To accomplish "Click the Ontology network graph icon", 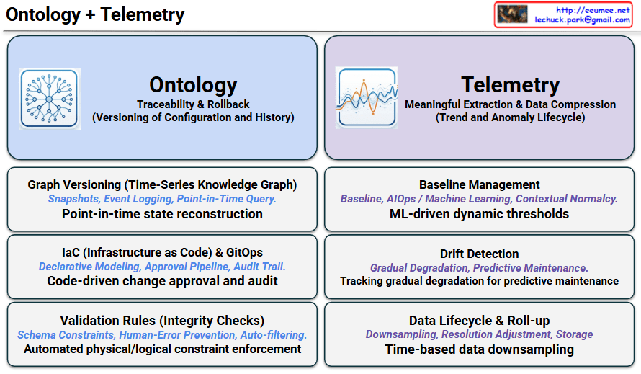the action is click(x=50, y=99).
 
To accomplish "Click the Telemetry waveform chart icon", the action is click(x=367, y=98).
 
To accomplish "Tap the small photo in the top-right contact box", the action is click(x=512, y=14).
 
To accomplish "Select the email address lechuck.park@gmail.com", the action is click(x=582, y=19).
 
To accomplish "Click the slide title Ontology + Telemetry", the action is click(x=95, y=14).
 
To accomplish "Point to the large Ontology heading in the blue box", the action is click(x=193, y=85).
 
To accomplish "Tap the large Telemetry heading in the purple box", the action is click(x=510, y=85).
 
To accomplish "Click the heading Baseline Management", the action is click(x=479, y=184).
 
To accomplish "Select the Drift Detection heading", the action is click(x=479, y=254).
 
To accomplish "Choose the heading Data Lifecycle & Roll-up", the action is click(x=479, y=321).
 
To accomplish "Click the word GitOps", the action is click(x=244, y=252).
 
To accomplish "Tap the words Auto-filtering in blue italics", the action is click(x=273, y=335).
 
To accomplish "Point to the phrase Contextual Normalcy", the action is click(x=566, y=199).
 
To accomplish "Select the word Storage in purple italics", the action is click(x=574, y=334).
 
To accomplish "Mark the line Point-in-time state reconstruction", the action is click(x=162, y=214).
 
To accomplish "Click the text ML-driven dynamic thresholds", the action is click(x=479, y=214).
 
